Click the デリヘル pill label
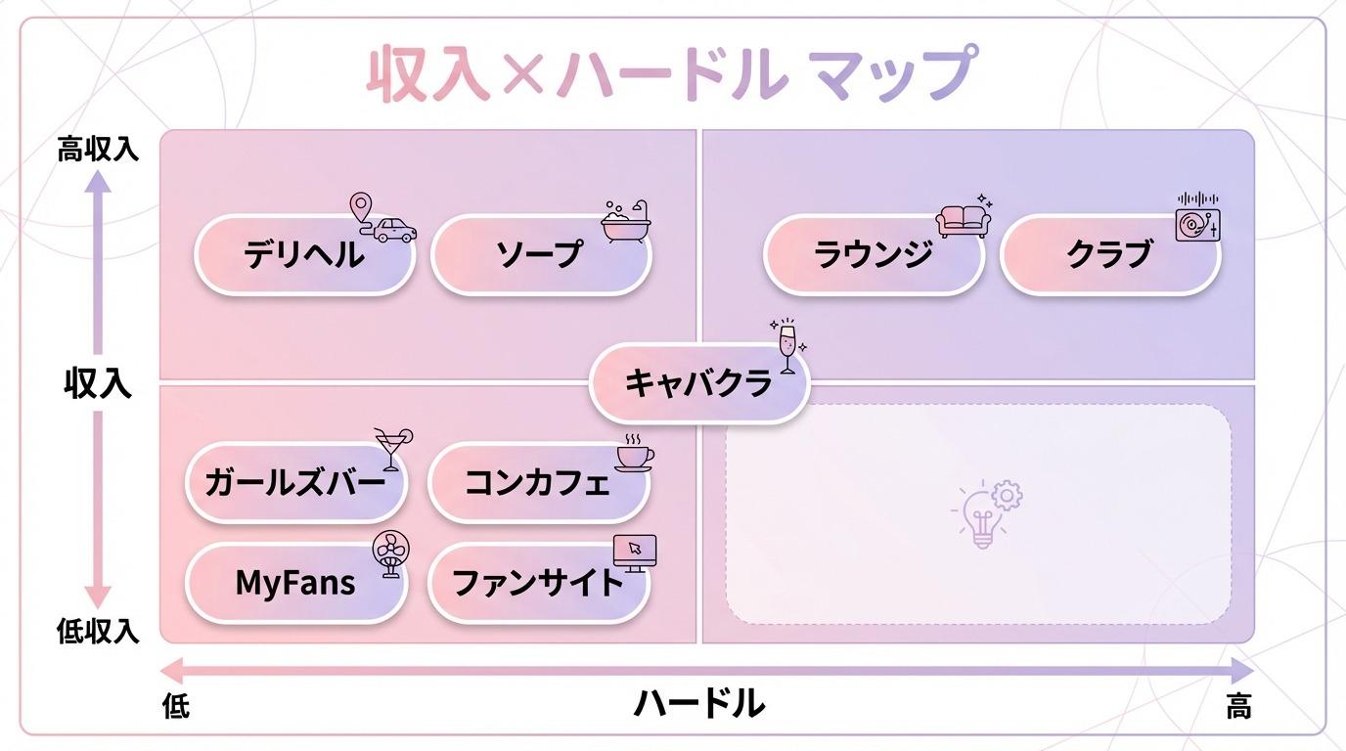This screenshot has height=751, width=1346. (304, 255)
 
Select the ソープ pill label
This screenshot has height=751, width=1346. (541, 255)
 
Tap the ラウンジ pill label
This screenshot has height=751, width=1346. (874, 255)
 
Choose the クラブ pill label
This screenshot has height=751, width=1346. (1110, 255)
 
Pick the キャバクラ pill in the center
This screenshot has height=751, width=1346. (698, 382)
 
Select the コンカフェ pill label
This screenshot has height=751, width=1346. (538, 482)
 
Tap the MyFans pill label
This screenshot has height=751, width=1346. (295, 583)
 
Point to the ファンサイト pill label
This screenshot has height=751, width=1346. (538, 583)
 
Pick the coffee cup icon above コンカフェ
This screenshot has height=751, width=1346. (634, 453)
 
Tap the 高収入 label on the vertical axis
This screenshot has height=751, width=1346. (98, 150)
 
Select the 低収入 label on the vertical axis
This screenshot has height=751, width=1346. (98, 632)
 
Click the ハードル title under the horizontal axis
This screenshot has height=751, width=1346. (699, 702)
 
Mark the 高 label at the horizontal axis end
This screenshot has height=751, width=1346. (1238, 706)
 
